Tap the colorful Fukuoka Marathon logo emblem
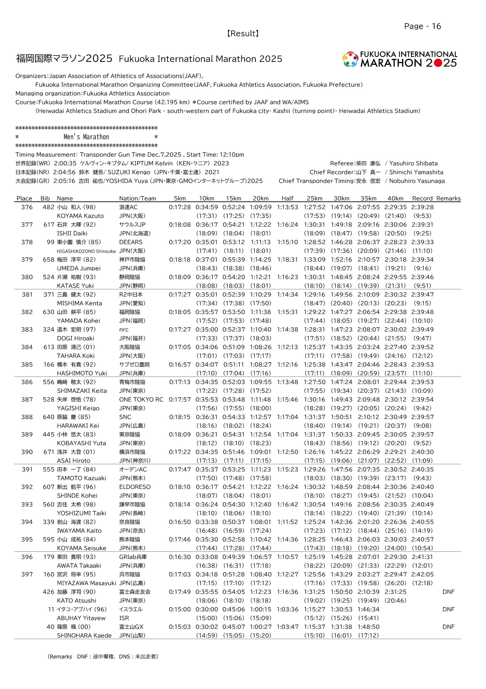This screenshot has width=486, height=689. pos(350,59)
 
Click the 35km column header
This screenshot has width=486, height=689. pos(368,198)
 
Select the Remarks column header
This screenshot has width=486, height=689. pos(448,198)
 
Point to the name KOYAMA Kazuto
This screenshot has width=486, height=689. pos(80,216)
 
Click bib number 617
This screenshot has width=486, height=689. pos(49,224)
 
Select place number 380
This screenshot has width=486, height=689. pos(27,277)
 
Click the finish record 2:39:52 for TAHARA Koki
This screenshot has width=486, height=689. pos(422,347)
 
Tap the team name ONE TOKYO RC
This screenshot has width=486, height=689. pos(141,399)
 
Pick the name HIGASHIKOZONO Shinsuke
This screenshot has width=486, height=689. pos(86,251)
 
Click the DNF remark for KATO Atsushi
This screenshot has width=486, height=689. pos(448,592)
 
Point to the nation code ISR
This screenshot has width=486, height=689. pos(124,618)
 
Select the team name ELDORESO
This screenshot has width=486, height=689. pos(135,487)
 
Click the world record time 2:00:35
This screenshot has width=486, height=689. pos(65,164)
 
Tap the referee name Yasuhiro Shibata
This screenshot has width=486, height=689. pos(413,164)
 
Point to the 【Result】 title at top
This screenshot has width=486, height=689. pos(243,33)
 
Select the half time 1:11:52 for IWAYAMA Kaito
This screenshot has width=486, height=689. pos(287,522)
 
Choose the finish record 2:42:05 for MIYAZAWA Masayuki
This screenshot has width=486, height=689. pos(422,574)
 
